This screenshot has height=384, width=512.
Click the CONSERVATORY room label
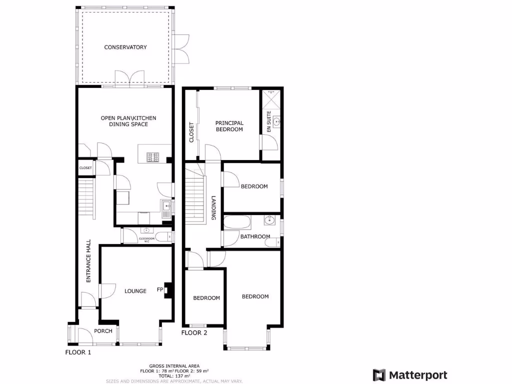125,47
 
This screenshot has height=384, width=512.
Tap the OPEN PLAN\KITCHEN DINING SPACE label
128,121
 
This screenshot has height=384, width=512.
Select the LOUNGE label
135,291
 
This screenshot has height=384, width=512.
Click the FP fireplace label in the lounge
160,289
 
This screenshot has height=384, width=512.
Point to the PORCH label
103,331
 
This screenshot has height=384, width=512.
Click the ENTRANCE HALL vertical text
88,261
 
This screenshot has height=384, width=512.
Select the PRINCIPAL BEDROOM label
229,126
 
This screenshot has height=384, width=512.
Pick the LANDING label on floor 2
213,207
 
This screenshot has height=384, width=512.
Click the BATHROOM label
255,236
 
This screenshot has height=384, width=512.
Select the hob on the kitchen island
153,157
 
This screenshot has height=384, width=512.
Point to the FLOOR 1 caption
78,352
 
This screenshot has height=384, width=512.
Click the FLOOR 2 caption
194,332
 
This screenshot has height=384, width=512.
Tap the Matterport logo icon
379,375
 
